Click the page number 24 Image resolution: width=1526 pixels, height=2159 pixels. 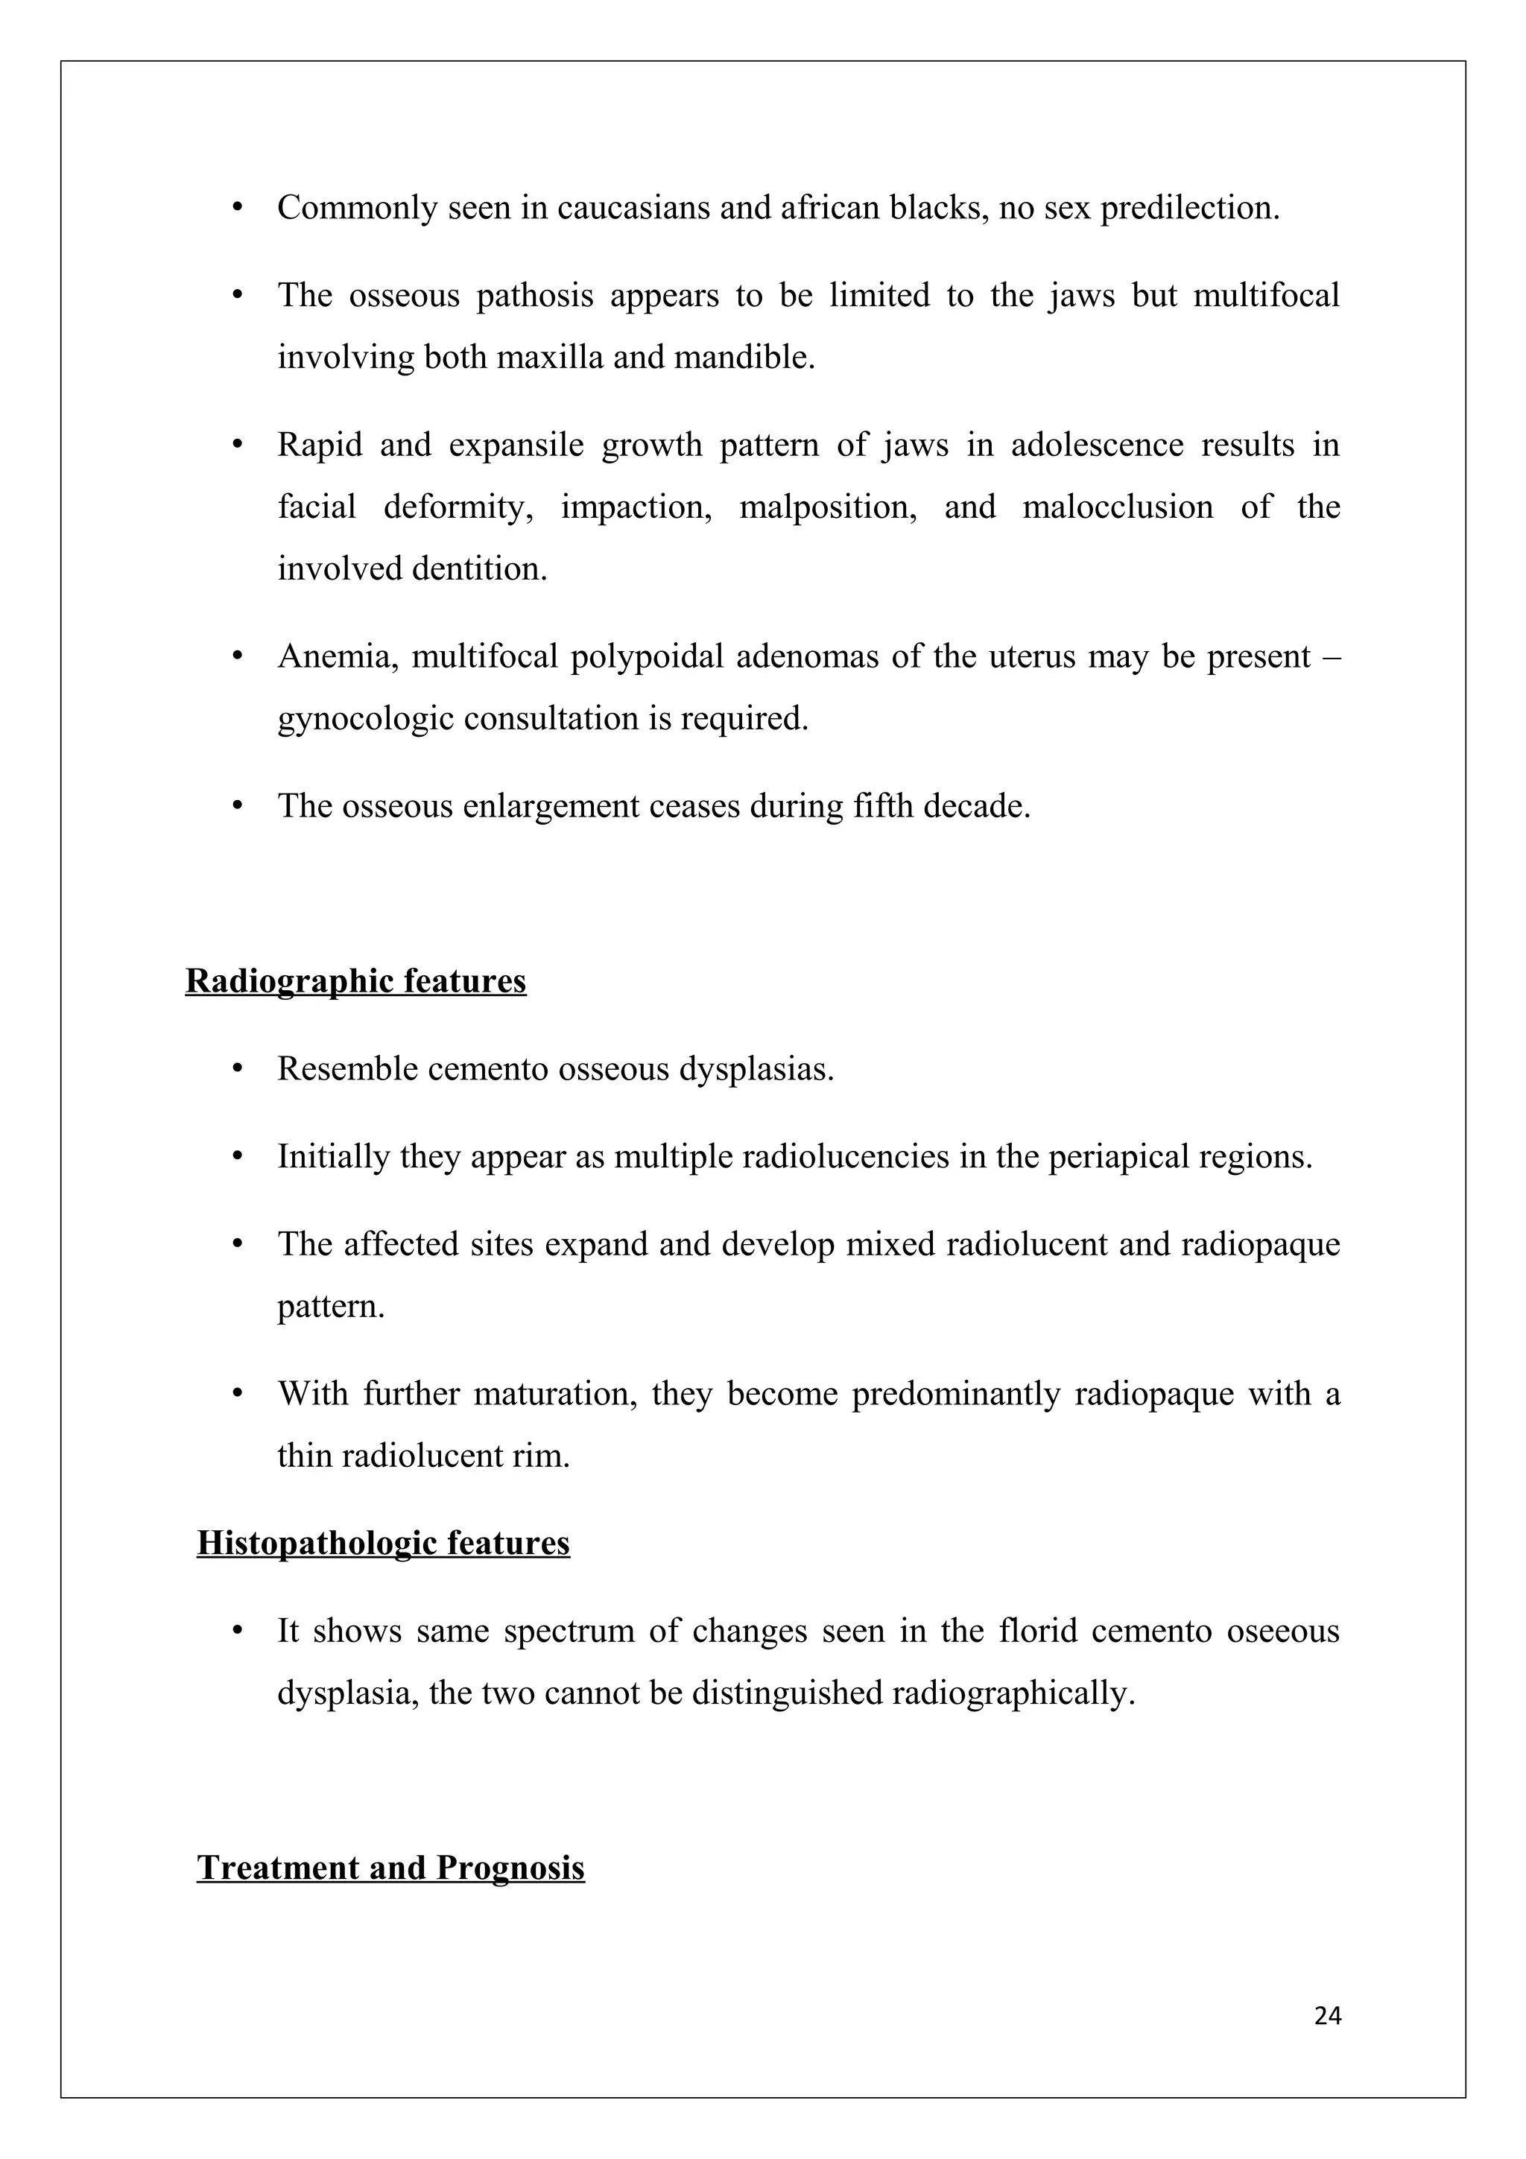click(1326, 2015)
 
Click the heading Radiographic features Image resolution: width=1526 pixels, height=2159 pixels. click(355, 980)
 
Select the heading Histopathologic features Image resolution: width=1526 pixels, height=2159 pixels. click(383, 1543)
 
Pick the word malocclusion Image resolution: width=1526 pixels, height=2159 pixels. click(1117, 507)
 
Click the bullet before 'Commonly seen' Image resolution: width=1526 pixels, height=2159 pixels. click(238, 207)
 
